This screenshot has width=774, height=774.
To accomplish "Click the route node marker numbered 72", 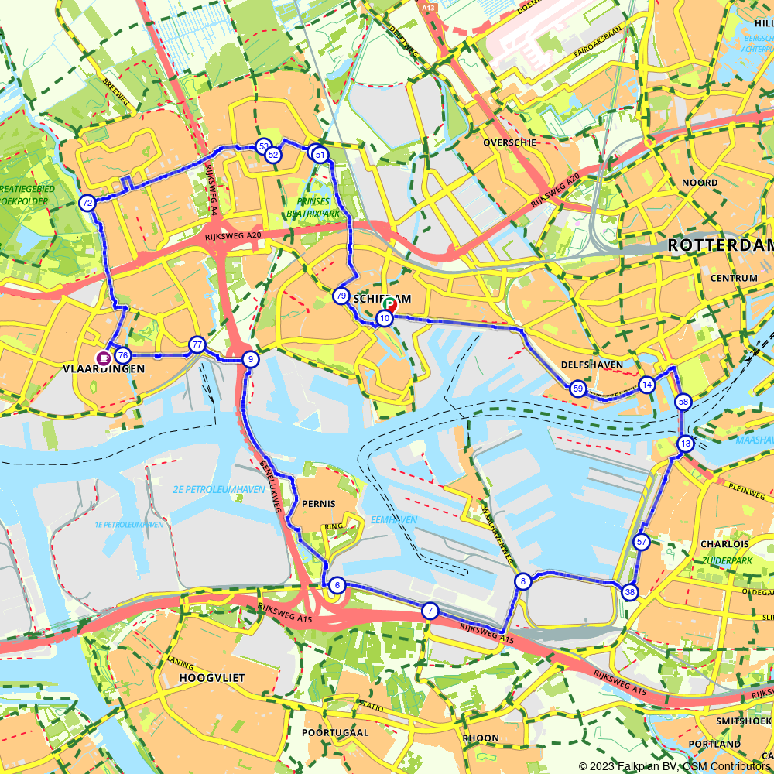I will pyautogui.click(x=87, y=204).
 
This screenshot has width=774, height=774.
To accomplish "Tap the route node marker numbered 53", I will pyautogui.click(x=263, y=146).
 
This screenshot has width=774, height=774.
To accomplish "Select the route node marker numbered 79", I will pyautogui.click(x=341, y=296).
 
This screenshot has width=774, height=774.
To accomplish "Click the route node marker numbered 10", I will pyautogui.click(x=385, y=319).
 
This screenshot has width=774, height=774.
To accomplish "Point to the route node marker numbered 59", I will pyautogui.click(x=577, y=389).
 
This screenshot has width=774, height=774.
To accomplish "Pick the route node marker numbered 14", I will pyautogui.click(x=647, y=385).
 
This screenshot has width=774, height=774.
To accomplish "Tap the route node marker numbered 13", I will pyautogui.click(x=685, y=444).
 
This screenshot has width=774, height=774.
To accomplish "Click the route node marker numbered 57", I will pyautogui.click(x=641, y=542).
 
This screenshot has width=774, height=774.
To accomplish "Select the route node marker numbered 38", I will pyautogui.click(x=630, y=592).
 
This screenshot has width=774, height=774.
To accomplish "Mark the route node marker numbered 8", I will pyautogui.click(x=523, y=582).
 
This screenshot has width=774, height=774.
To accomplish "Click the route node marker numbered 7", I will pyautogui.click(x=430, y=611).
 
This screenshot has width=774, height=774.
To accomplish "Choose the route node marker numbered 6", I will pyautogui.click(x=337, y=585).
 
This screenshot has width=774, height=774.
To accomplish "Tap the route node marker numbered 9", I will pyautogui.click(x=250, y=359).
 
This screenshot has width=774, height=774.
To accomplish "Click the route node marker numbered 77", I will pyautogui.click(x=197, y=345).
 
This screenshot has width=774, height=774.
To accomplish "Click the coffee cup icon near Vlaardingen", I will pyautogui.click(x=102, y=357).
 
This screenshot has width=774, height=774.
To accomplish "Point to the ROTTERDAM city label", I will pyautogui.click(x=720, y=245).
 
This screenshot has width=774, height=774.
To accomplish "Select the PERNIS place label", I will pyautogui.click(x=319, y=504).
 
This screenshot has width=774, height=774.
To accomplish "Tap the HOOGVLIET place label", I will pyautogui.click(x=211, y=678).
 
